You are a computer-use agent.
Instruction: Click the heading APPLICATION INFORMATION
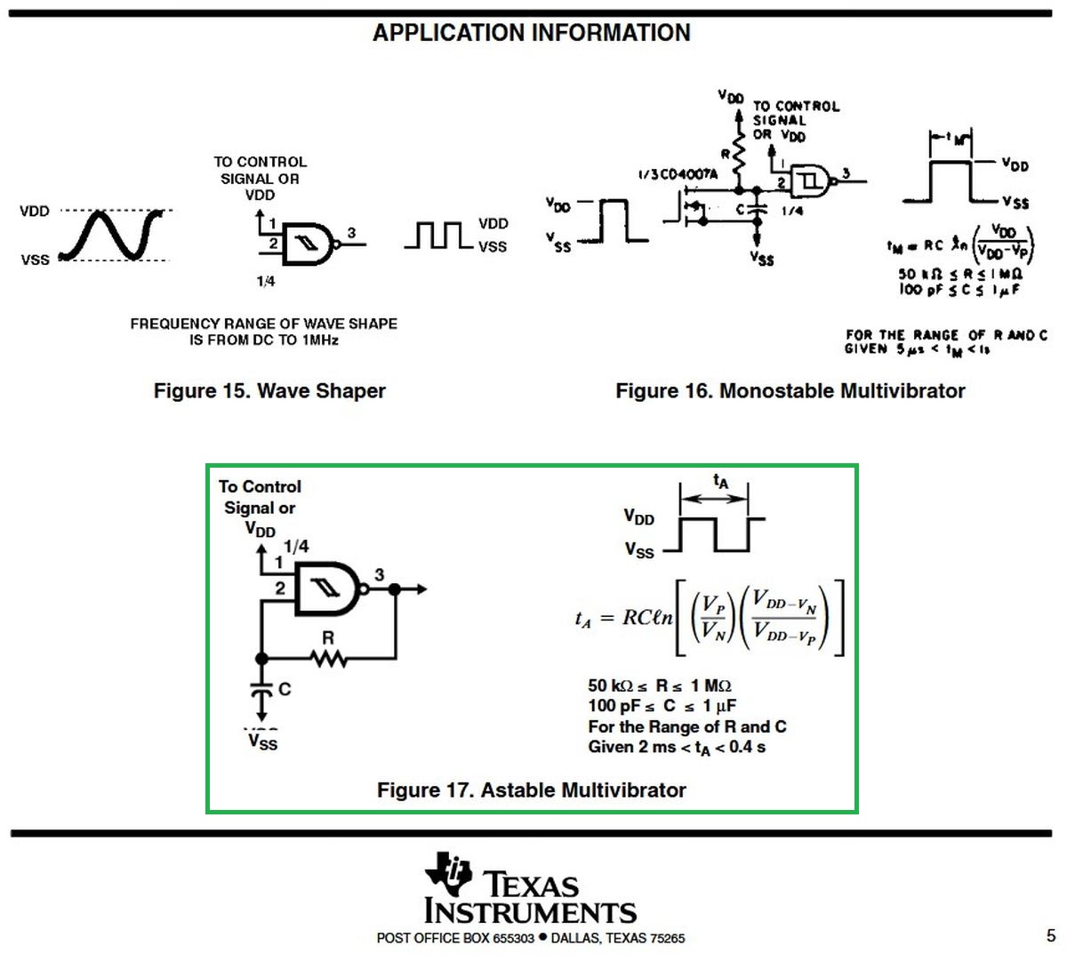[532, 33]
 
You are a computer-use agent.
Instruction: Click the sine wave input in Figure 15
[113, 235]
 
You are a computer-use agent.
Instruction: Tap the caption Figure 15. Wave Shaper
[269, 391]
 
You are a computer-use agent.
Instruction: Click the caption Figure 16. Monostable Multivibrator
[790, 391]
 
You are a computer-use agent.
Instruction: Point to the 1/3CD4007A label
[677, 174]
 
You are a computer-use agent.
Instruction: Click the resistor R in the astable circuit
[328, 658]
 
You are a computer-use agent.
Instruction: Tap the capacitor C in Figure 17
[261, 690]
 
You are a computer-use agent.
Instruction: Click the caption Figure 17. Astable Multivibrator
[531, 790]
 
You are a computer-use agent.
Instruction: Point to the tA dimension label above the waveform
[720, 482]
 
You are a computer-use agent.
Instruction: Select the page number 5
[1051, 935]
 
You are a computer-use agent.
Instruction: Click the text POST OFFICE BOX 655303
[455, 938]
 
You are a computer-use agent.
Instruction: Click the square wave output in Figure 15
[437, 236]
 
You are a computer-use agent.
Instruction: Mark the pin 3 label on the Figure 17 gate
[380, 575]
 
